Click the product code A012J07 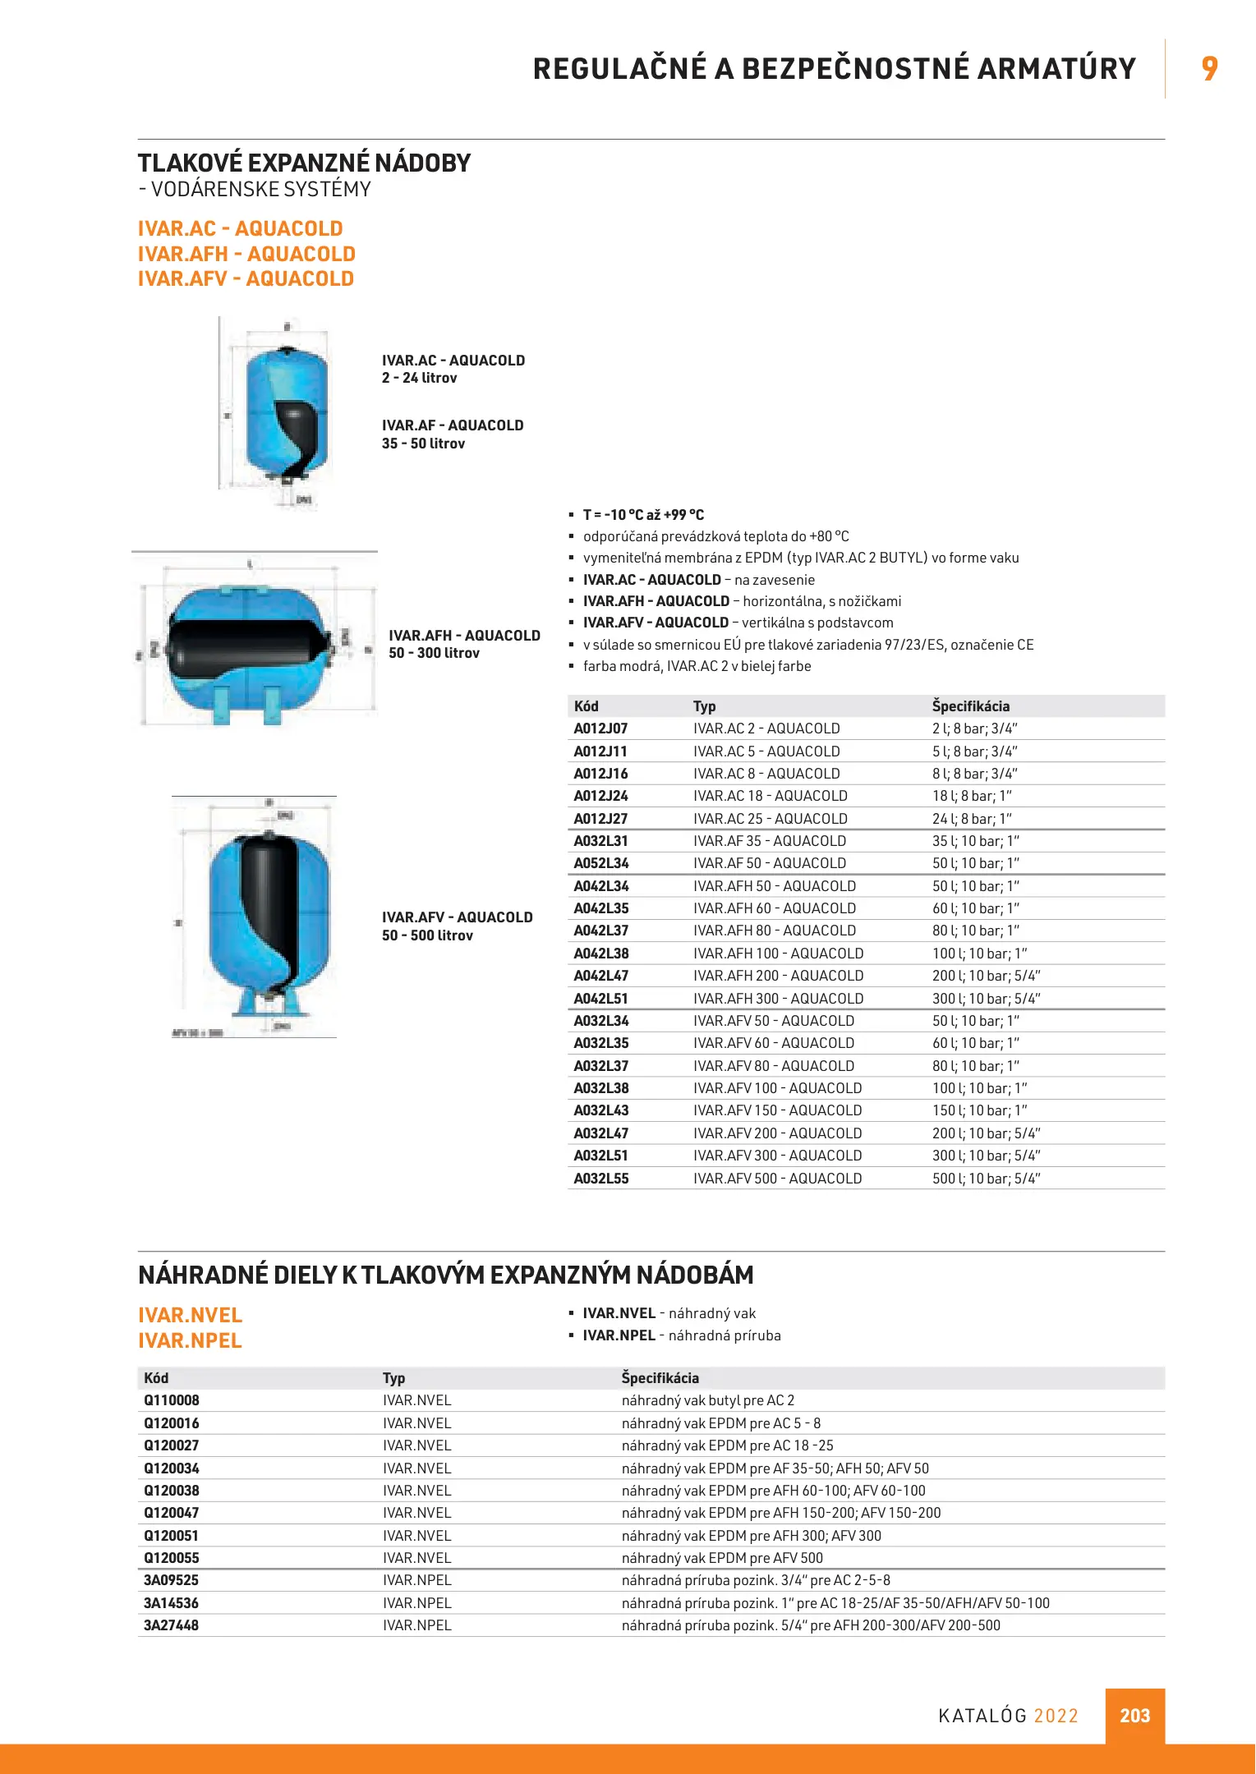tap(600, 728)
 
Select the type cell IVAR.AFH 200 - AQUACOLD tap(778, 976)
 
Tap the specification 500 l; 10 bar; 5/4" tap(986, 1179)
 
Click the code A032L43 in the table tap(600, 1110)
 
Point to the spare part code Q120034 tap(172, 1468)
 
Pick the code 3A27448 tap(171, 1625)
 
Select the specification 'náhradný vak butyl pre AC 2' tap(707, 1400)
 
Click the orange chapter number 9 tap(1209, 68)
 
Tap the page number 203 tap(1134, 1716)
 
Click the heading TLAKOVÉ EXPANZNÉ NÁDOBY tap(304, 163)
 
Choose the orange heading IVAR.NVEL tap(190, 1315)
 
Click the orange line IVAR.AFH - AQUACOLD tap(246, 254)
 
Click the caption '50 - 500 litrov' tap(427, 935)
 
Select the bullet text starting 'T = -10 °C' tap(643, 515)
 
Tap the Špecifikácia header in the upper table tap(970, 706)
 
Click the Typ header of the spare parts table tap(393, 1378)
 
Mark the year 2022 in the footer tap(1056, 1716)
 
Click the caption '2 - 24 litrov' tap(419, 378)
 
